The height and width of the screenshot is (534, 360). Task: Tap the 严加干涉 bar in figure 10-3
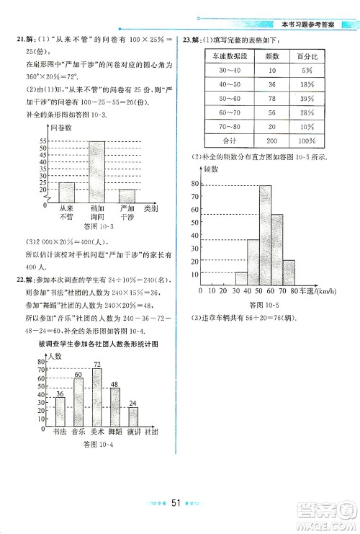click(x=127, y=196)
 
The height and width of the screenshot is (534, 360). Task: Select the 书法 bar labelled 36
click(x=60, y=411)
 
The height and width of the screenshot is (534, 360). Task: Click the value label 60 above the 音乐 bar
click(x=78, y=374)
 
